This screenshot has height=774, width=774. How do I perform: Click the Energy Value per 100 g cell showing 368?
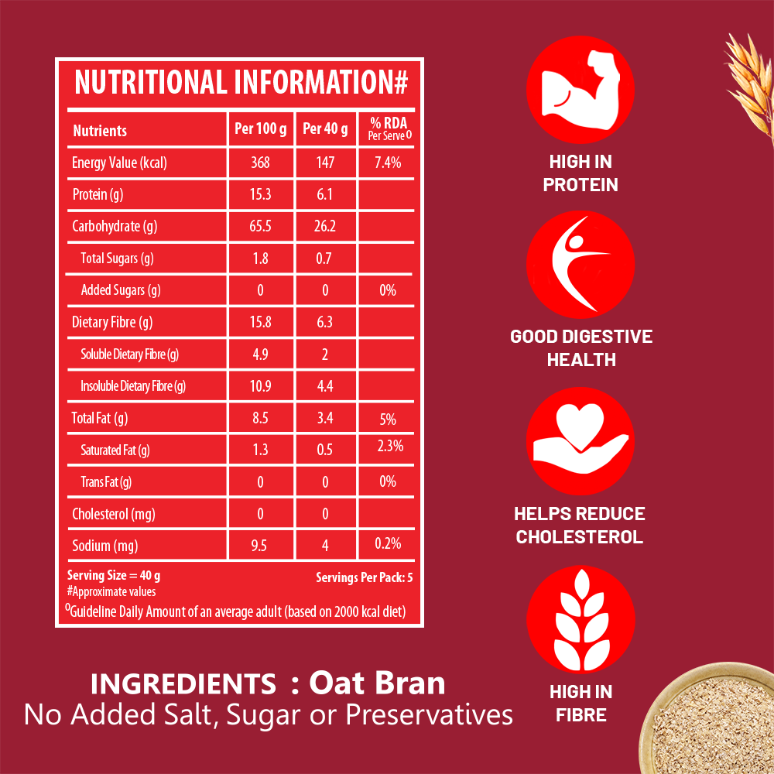point(260,163)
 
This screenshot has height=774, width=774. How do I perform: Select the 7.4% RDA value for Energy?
point(387,163)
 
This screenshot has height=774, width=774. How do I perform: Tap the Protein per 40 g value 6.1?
point(325,194)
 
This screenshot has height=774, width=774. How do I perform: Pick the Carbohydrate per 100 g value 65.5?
point(260,227)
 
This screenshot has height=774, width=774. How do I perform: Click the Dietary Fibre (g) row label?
point(112,322)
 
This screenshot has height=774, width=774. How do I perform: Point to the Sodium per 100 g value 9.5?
point(260,545)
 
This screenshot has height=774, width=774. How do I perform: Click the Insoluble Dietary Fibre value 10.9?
point(260,385)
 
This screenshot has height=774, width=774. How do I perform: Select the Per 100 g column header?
point(260,129)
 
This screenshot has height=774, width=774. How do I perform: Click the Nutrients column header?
point(100,131)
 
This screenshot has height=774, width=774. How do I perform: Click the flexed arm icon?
point(580,91)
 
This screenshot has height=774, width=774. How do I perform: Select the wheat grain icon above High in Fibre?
point(580,618)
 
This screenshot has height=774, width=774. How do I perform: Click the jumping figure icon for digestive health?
point(580,265)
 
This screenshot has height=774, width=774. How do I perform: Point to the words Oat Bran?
point(377,683)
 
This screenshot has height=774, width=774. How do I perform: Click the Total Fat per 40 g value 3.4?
point(325,419)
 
